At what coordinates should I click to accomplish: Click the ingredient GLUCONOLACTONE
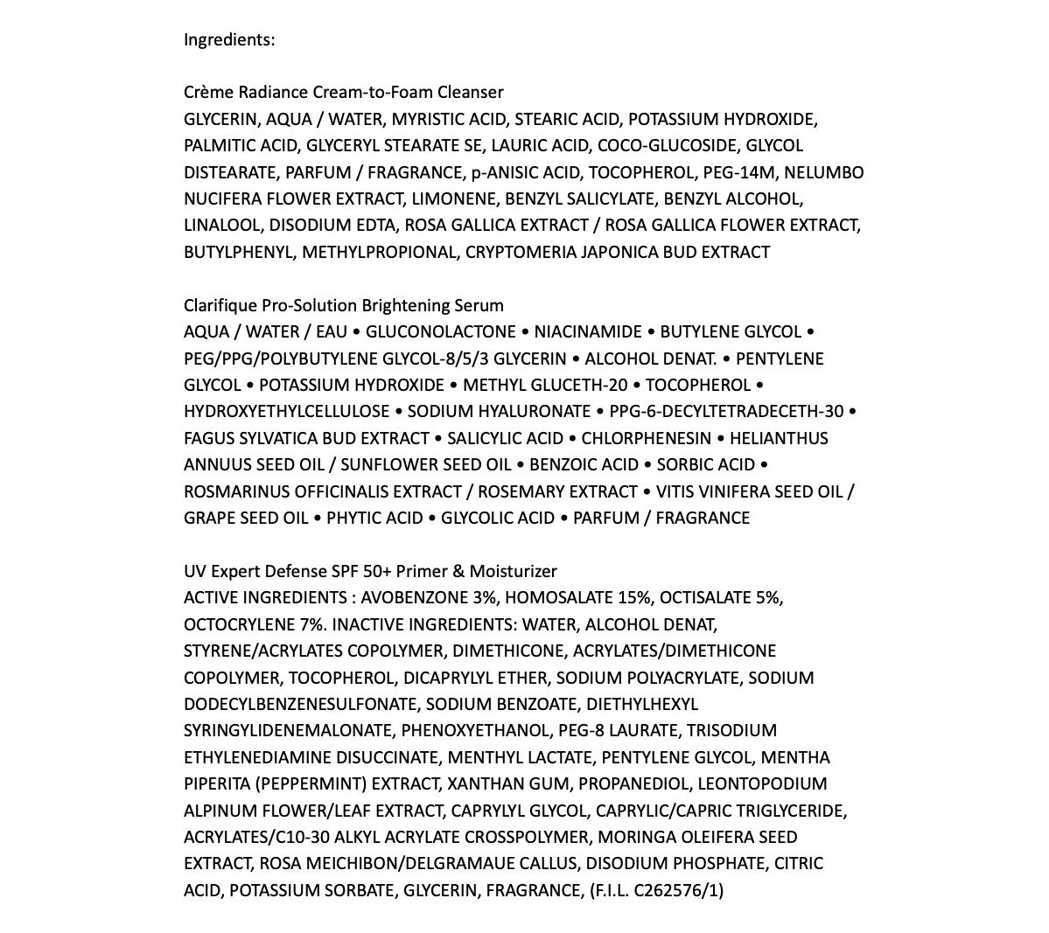pyautogui.click(x=441, y=332)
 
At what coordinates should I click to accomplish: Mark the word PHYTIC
pyautogui.click(x=353, y=519)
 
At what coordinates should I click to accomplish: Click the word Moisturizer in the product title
pyautogui.click(x=515, y=572)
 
